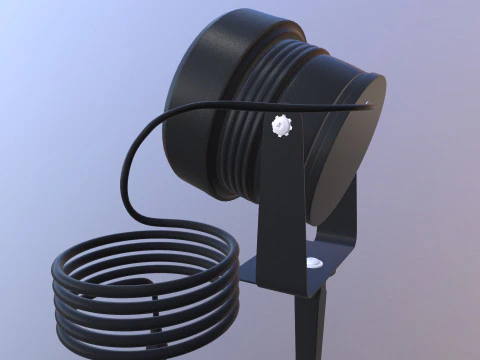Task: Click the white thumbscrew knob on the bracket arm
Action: pos(281,127)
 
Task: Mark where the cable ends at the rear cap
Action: pos(367,101)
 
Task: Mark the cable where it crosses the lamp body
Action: pos(250,99)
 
